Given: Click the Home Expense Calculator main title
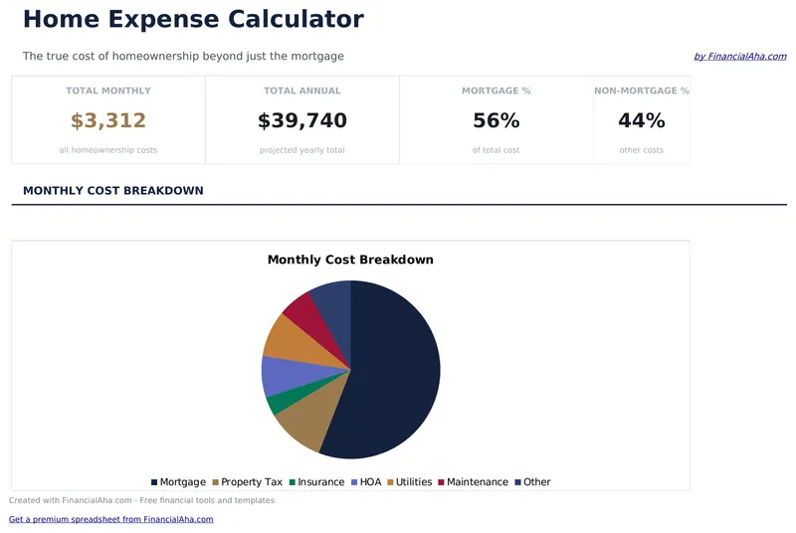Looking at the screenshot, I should pyautogui.click(x=193, y=19).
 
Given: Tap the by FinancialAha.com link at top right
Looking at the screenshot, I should pyautogui.click(x=739, y=57).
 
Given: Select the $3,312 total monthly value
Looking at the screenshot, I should pyautogui.click(x=108, y=121).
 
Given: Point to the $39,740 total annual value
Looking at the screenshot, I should pyautogui.click(x=301, y=121).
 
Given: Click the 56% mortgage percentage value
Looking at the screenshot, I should pyautogui.click(x=496, y=121).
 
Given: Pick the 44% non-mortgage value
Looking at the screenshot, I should pyautogui.click(x=641, y=121).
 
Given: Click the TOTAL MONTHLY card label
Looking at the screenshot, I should pyautogui.click(x=108, y=90).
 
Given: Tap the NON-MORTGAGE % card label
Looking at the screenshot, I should pyautogui.click(x=641, y=90).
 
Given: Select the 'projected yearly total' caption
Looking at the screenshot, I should pyautogui.click(x=301, y=150).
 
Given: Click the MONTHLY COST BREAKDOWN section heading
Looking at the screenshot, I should pyautogui.click(x=112, y=190).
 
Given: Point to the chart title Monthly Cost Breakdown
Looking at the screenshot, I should pyautogui.click(x=350, y=260).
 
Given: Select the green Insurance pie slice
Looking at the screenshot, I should pyautogui.click(x=279, y=402).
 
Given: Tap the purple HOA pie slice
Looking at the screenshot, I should pyautogui.click(x=276, y=376).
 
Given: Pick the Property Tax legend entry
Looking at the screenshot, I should pyautogui.click(x=245, y=482).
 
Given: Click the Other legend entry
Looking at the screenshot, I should pyautogui.click(x=532, y=482).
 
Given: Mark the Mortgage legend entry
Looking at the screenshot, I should pyautogui.click(x=178, y=482).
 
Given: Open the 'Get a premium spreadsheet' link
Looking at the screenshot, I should pyautogui.click(x=110, y=519).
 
